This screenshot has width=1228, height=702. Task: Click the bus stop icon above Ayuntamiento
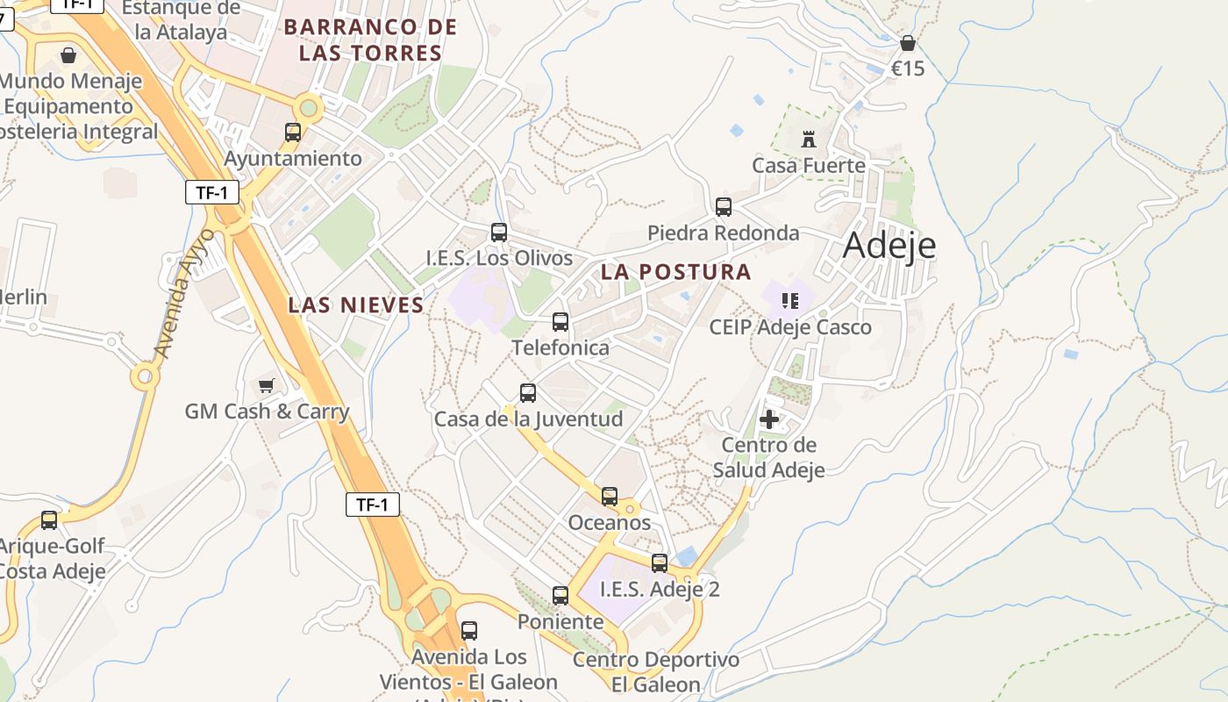pos(293,133)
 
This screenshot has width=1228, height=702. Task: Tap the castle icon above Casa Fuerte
pos(808,139)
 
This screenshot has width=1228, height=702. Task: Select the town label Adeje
pos(889,247)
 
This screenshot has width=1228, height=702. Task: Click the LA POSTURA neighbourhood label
pos(675,272)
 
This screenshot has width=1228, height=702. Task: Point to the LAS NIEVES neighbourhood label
pos(356,305)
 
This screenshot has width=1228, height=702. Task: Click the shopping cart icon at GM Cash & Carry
pos(267,385)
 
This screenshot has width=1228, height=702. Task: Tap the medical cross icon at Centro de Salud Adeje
pos(769,419)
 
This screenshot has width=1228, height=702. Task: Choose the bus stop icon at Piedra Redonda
pos(724,207)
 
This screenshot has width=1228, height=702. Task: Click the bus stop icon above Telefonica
pos(560,322)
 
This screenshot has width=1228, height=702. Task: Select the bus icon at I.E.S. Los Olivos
pos(499,233)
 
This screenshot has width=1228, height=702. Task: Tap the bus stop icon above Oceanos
pos(610,497)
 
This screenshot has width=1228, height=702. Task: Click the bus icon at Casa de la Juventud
pos(528,393)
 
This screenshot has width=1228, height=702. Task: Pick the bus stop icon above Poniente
pos(560,596)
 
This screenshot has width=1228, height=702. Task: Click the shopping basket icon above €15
pos(908,43)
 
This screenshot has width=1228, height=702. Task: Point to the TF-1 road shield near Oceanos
pos(373,505)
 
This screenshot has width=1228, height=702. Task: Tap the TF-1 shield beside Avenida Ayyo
pos(212,193)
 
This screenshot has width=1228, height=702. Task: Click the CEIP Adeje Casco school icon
pos(789,301)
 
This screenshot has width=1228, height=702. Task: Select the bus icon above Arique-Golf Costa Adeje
pos(49,520)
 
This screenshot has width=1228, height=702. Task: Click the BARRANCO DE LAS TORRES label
pos(370,40)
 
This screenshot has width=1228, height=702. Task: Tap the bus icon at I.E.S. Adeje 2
pos(660,563)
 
